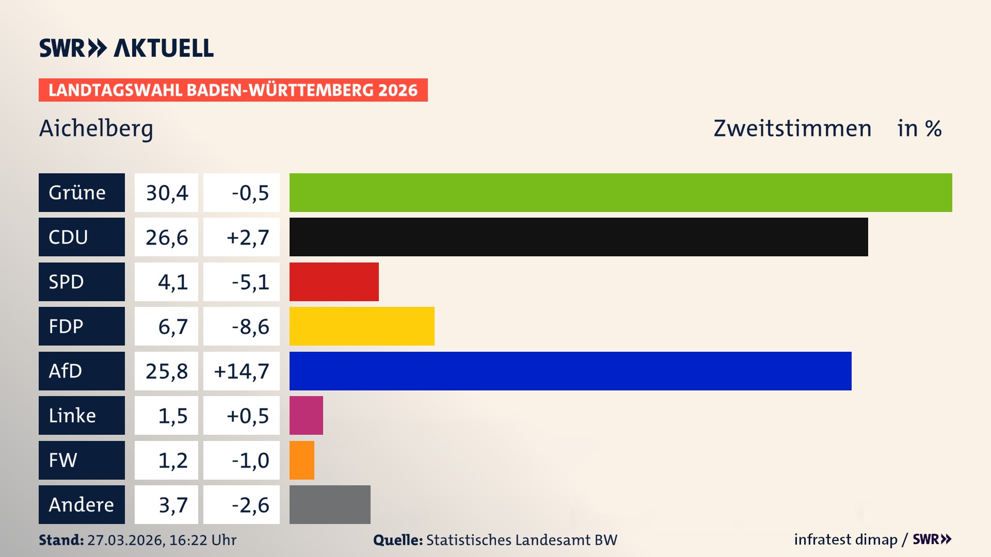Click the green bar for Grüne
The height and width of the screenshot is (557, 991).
(x=620, y=192)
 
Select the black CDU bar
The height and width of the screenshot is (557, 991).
(x=578, y=237)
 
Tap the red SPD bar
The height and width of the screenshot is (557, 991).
(x=334, y=282)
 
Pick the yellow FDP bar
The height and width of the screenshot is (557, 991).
(x=362, y=326)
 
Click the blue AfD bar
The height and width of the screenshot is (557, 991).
(x=570, y=371)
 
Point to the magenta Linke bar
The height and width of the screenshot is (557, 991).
(x=306, y=415)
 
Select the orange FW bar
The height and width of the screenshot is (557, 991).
(x=302, y=460)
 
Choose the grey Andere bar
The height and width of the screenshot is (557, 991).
(x=330, y=504)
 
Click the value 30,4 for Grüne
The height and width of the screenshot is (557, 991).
(x=166, y=192)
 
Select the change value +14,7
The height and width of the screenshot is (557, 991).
(x=242, y=371)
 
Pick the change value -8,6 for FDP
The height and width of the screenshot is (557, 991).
(x=250, y=326)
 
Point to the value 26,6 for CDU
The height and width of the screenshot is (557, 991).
(x=166, y=237)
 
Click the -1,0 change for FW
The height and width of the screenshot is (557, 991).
(x=250, y=460)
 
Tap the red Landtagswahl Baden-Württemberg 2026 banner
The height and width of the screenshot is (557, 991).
(x=233, y=90)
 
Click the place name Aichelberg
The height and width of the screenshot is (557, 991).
(x=96, y=128)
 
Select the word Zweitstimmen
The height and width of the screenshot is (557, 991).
(x=792, y=128)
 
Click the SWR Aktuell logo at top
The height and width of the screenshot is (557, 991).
(x=126, y=48)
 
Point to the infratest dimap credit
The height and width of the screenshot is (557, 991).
(x=845, y=539)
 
